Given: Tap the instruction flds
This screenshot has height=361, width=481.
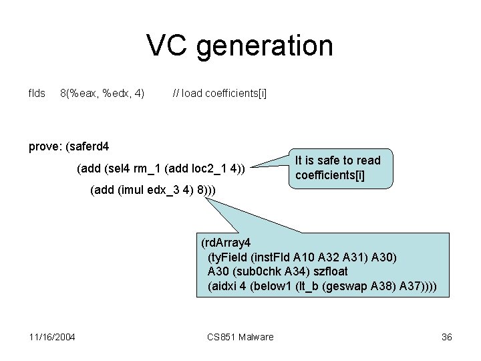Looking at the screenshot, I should (37, 93).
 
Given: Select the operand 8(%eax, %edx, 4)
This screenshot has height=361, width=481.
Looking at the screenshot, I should (102, 93).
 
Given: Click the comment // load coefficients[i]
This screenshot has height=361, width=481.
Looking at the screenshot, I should (219, 93).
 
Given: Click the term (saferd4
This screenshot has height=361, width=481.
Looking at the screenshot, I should (92, 146).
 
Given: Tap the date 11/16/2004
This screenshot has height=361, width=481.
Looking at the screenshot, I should (52, 337).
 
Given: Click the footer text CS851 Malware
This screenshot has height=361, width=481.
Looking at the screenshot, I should (240, 337).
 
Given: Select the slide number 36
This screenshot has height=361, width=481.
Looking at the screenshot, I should (446, 337).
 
